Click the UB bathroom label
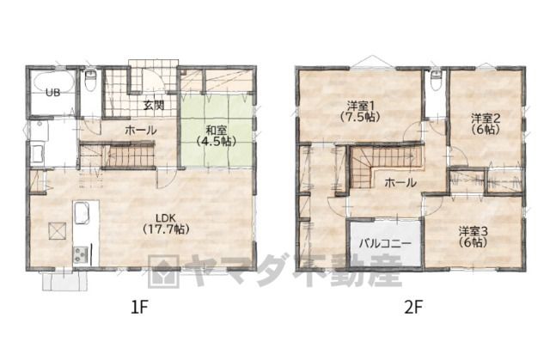[x=53, y=93]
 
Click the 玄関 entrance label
[x=154, y=105]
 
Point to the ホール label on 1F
[x=141, y=131]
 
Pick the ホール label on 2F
[x=400, y=183]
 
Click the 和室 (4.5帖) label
[x=216, y=135]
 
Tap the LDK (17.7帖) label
[x=166, y=223]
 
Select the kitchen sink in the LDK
[x=82, y=213]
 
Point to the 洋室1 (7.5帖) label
[x=360, y=111]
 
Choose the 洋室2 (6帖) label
[x=486, y=124]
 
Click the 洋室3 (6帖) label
[x=474, y=236]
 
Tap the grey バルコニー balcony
[x=385, y=243]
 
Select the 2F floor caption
[x=413, y=308]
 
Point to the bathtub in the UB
[x=52, y=82]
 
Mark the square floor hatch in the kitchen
[x=58, y=231]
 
